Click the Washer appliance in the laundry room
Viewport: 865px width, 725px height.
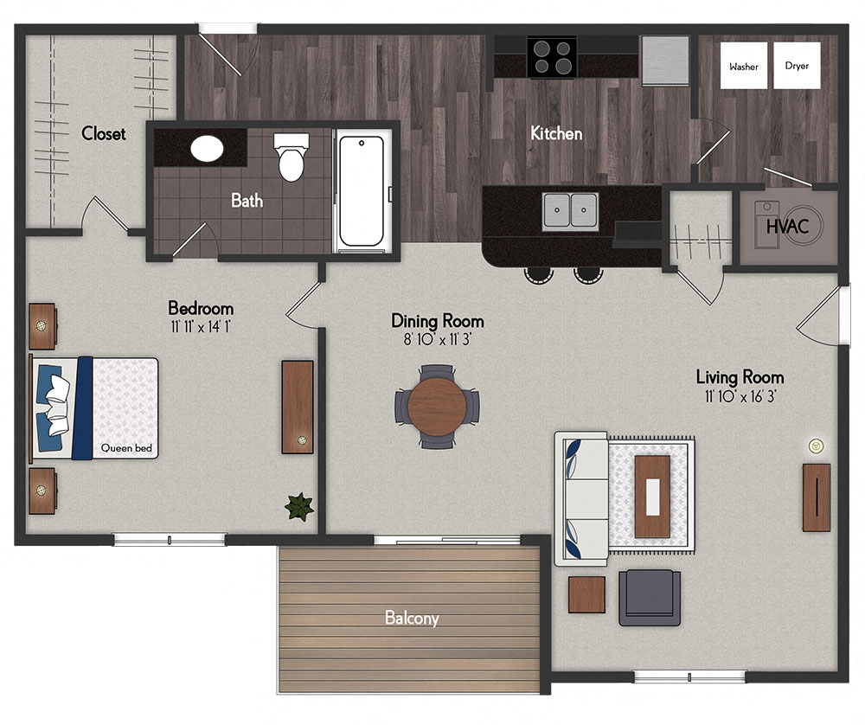click(x=744, y=67)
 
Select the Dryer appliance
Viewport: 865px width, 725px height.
click(x=797, y=67)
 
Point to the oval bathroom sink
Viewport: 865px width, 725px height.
click(x=208, y=150)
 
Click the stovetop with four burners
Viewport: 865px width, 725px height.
click(x=554, y=56)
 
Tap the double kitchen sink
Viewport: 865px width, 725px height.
click(x=570, y=210)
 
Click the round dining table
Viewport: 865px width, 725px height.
click(x=438, y=405)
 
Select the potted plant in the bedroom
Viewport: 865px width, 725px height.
click(x=299, y=507)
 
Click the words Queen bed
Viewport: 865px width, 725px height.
click(x=126, y=448)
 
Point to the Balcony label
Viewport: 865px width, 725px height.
click(x=412, y=619)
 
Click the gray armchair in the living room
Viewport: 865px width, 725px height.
click(x=649, y=597)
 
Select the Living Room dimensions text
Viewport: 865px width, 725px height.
click(x=740, y=396)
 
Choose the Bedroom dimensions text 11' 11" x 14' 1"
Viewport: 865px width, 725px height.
click(x=201, y=327)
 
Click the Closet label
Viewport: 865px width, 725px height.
click(x=104, y=134)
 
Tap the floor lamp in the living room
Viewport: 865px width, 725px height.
click(x=814, y=446)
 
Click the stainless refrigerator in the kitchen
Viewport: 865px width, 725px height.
click(x=664, y=60)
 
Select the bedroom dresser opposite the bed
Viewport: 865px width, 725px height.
click(x=298, y=407)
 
